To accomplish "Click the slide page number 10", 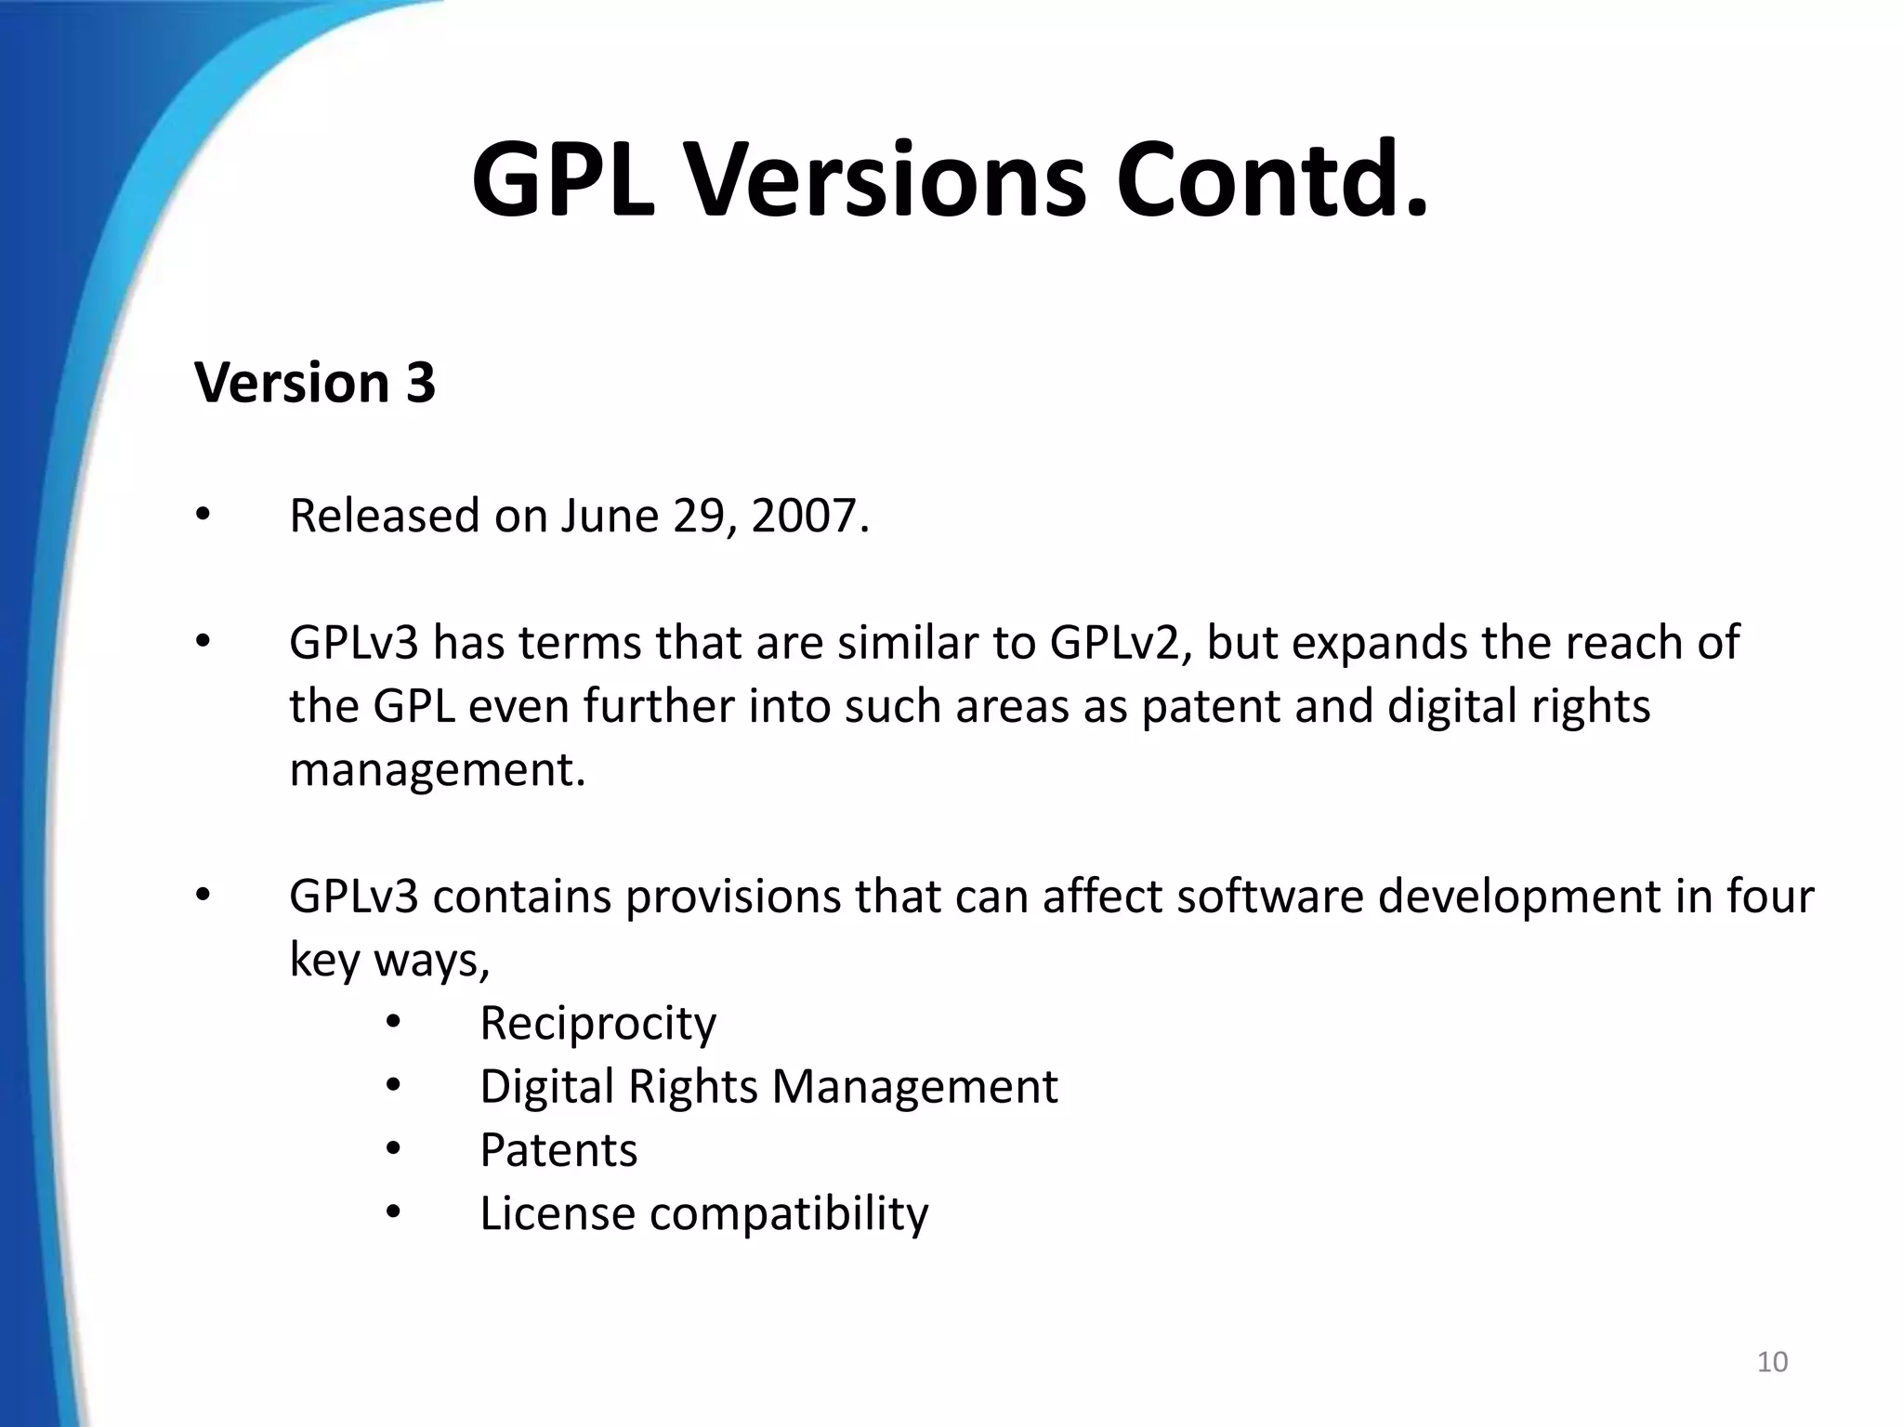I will pos(1772,1362).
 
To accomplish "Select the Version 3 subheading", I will pos(315,382).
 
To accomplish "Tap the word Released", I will pos(384,516).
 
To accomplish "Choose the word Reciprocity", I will pos(597,1023).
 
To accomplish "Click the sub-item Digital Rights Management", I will pos(768,1086).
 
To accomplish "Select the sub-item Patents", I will pos(558,1150).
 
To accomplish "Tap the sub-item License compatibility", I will pos(703,1213).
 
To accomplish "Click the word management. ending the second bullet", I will pos(438,769).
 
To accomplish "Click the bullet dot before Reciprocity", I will pos(393,1023).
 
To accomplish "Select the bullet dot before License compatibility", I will pos(393,1212).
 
